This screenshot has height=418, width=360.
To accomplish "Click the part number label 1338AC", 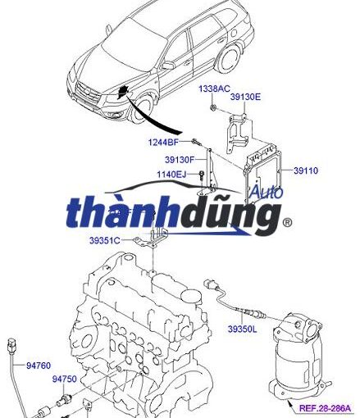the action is pos(214,89).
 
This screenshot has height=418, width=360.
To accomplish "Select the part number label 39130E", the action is pos(245,97).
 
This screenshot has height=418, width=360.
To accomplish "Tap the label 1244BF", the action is pos(163,142).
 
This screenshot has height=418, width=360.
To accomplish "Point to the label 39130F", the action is pos(180,160).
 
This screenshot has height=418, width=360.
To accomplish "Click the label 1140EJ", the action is pos(171,174).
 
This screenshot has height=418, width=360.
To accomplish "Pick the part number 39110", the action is pos(306,170).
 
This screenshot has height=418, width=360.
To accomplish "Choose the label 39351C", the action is pos(105,240).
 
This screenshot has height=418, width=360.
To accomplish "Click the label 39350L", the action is pos(243,329).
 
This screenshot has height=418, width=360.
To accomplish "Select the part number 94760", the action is pos(39,366).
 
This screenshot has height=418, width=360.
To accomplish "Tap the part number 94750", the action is pos(65,379).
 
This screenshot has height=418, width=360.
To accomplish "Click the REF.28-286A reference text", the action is pos(325,408).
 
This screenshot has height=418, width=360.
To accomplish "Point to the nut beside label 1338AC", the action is pos(213,107).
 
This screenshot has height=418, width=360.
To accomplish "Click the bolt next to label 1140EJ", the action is pos(202,175).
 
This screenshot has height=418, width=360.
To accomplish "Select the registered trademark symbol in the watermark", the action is pos(287,223).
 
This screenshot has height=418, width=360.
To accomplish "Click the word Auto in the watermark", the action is pos(267,192).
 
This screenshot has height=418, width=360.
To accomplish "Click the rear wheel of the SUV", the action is pos(230,59).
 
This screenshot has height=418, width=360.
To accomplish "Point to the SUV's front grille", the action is pos(87,94).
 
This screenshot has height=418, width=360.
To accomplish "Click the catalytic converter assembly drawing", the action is pos(299,355).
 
